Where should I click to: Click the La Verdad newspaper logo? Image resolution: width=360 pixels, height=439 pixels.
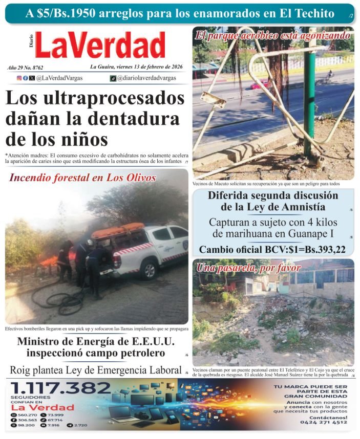tap(100, 45)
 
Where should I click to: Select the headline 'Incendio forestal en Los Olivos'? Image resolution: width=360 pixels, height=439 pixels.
tap(82, 178)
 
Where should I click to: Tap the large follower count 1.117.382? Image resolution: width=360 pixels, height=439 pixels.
tap(61, 387)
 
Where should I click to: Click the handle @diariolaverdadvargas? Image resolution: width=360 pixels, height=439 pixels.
tap(150, 78)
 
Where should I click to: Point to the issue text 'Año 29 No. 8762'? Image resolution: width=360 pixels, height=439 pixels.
tap(26, 68)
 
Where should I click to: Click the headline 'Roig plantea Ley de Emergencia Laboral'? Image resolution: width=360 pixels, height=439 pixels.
tap(96, 370)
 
